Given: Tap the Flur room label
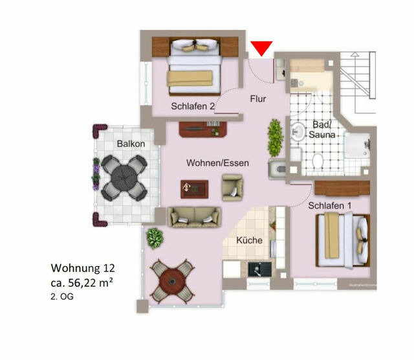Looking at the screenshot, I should [259, 100].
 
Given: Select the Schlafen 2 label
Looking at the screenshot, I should [193, 106].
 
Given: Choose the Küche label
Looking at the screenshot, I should [249, 240].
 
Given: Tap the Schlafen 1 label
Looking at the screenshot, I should [330, 205].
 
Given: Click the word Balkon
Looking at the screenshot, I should [131, 143].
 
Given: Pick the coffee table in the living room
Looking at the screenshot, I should [194, 188].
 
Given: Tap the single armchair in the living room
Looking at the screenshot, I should [232, 187].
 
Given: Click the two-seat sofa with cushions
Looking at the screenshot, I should [193, 217].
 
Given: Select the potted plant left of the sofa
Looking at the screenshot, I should [155, 238].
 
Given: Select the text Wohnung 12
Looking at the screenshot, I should [83, 267].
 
